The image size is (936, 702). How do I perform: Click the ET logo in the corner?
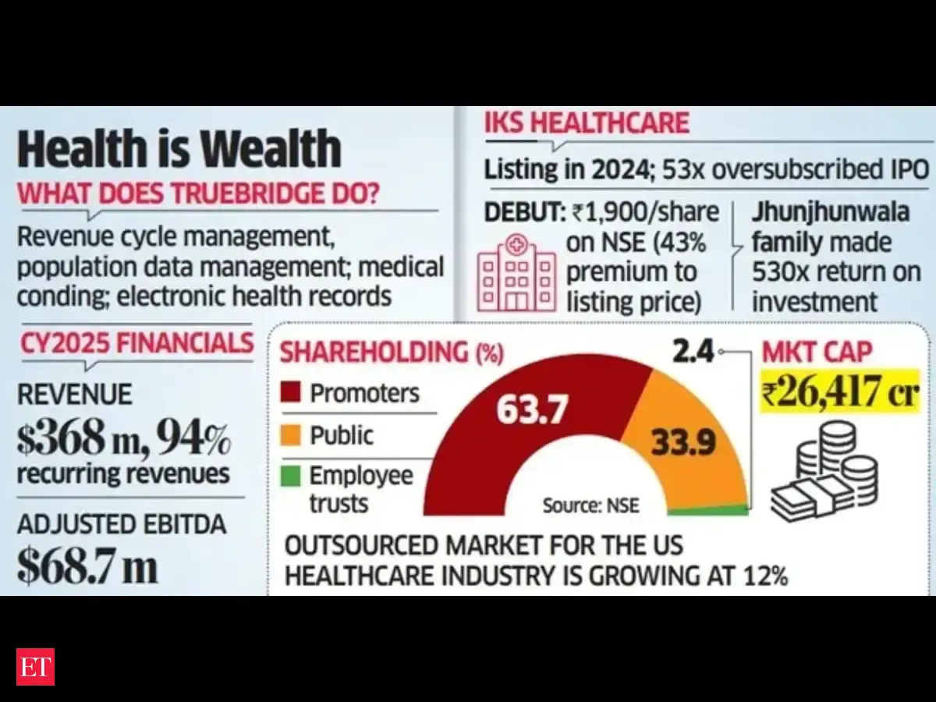pos(35,666)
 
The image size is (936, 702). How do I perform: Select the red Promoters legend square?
pos(292,392)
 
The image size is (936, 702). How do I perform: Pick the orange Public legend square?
pos(292,434)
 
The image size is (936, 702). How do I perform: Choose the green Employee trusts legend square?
pos(292,476)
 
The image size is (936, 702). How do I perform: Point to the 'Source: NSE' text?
pos(590,505)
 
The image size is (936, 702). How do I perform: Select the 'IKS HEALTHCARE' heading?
pos(587,124)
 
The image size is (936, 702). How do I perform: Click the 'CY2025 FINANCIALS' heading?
pos(136,343)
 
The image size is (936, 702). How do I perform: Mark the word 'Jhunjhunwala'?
pos(831,213)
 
